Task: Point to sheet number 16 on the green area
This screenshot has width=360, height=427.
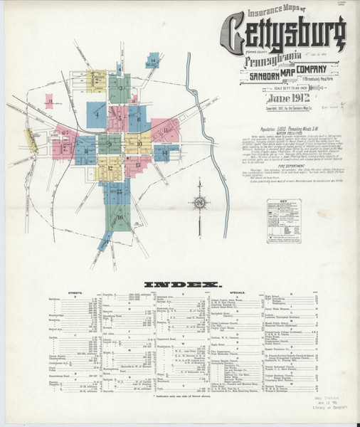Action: click(x=119, y=217)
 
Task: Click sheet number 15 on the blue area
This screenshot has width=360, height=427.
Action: click(x=119, y=191)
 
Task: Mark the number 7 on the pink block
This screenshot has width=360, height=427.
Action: click(x=65, y=132)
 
